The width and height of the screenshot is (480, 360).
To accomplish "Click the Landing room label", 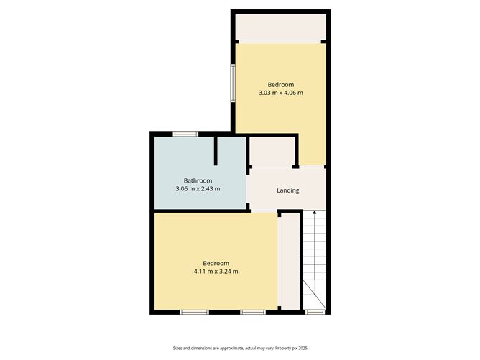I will [x=287, y=190].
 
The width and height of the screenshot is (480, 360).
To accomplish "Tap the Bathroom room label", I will [x=198, y=180].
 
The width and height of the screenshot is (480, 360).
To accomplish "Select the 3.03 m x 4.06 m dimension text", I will [x=280, y=93].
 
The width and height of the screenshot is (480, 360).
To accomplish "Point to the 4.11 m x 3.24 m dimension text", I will [x=216, y=271].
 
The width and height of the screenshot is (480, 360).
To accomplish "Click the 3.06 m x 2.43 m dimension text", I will [x=198, y=188].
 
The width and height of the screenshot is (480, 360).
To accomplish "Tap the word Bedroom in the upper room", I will [x=280, y=84].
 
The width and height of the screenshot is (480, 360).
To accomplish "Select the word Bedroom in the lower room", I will [x=216, y=262].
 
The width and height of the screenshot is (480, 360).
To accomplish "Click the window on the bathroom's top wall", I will [x=185, y=134].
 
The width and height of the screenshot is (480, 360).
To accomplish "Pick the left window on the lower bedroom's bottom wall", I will [x=194, y=312].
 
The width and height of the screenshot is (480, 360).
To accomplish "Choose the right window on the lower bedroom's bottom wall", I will [x=252, y=312].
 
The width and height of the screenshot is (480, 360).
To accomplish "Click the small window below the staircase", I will [x=313, y=312].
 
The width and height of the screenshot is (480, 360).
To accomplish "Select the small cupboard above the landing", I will [x=272, y=151].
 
